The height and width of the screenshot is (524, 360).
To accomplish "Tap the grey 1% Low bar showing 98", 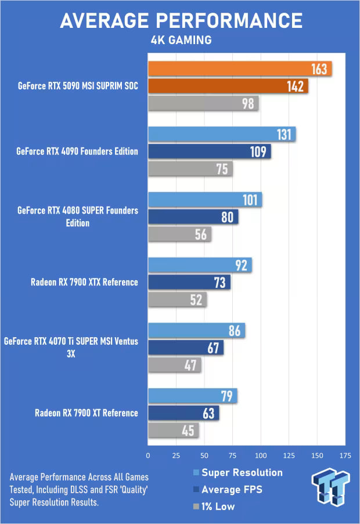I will [203, 104].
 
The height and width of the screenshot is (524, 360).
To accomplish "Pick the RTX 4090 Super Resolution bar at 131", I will [221, 134].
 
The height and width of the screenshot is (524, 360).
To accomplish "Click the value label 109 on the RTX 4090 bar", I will [257, 151].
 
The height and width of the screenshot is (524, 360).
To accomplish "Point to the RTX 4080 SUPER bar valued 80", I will [193, 217].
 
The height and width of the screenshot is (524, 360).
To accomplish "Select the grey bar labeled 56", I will [179, 234].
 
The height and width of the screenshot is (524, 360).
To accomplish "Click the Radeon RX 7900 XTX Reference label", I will [84, 282].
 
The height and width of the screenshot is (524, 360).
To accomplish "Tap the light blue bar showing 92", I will [199, 265].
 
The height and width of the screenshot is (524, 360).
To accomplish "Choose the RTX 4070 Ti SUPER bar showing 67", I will [185, 348].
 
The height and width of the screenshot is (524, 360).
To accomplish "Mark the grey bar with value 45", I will [173, 431].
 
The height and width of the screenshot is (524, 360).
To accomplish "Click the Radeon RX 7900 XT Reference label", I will [87, 413].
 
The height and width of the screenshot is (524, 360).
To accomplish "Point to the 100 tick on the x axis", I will [261, 456].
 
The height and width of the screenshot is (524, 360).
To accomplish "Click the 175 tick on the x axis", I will [345, 456].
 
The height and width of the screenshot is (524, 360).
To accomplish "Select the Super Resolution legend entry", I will [242, 472].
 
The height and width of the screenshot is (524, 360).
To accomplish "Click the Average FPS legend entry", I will [232, 490].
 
